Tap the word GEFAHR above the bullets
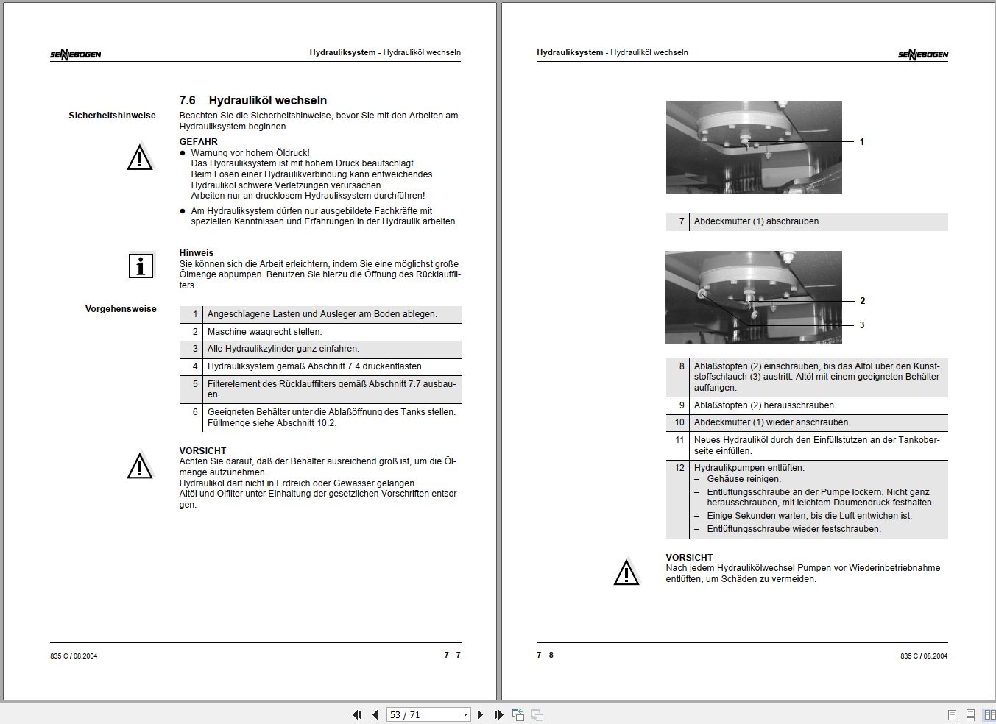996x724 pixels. click(x=198, y=142)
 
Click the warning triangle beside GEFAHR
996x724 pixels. click(x=140, y=158)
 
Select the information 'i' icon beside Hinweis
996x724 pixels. click(x=141, y=266)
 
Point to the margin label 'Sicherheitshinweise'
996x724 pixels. click(x=112, y=116)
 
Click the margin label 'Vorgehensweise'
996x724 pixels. click(x=121, y=309)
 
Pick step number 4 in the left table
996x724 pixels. click(x=195, y=366)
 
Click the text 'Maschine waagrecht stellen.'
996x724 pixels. click(x=264, y=332)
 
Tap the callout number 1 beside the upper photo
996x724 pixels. click(x=862, y=142)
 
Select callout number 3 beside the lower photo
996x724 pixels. click(x=862, y=325)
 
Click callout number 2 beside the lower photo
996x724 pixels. click(x=862, y=301)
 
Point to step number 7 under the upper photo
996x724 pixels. click(x=682, y=221)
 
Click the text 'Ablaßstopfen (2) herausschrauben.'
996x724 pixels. click(x=765, y=405)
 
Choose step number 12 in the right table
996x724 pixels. click(x=679, y=468)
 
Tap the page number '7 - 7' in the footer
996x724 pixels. click(x=452, y=655)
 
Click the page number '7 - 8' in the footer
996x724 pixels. click(x=545, y=655)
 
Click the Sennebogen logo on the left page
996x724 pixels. click(x=76, y=54)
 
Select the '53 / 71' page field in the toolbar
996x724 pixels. click(x=423, y=714)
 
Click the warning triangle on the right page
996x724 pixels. click(x=626, y=573)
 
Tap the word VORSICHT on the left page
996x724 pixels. click(x=202, y=451)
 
